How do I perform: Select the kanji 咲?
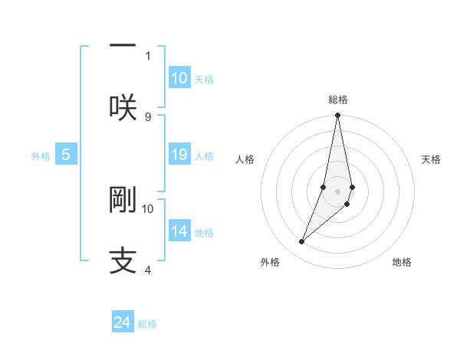(123, 106)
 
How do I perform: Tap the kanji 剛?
(123, 199)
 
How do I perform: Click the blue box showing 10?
(179, 78)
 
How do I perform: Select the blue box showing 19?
(179, 155)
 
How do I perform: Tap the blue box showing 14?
(179, 231)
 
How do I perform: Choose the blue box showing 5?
(66, 155)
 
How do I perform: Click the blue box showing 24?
(123, 322)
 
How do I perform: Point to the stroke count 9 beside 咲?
(148, 116)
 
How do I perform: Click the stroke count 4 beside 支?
(148, 270)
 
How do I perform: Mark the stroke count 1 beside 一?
(148, 55)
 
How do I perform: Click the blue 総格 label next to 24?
(147, 324)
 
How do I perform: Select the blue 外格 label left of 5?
(41, 156)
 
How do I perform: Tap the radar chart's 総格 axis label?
(338, 100)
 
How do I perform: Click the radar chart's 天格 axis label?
(432, 159)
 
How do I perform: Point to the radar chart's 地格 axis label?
(402, 262)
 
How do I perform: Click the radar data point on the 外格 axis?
(302, 241)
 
